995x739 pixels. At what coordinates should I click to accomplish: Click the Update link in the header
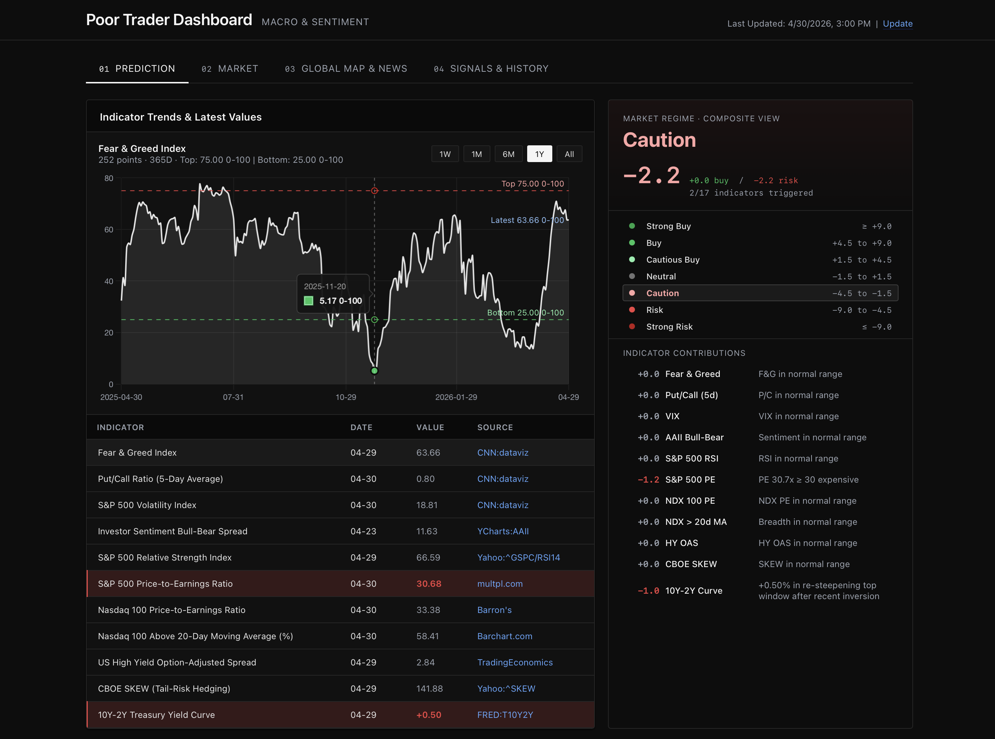point(897,24)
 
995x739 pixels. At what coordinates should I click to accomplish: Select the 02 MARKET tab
point(230,68)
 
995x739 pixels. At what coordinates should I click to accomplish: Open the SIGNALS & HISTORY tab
point(491,68)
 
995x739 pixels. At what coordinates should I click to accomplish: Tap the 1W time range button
point(445,154)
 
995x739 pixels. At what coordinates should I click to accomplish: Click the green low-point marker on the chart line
point(374,370)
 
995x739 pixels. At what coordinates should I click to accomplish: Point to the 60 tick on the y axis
point(108,229)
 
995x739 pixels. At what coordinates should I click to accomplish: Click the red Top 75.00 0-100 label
point(532,184)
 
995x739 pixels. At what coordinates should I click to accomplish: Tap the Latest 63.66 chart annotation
point(527,220)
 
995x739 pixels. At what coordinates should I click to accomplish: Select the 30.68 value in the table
point(429,584)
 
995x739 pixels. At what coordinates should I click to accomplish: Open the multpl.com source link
point(500,584)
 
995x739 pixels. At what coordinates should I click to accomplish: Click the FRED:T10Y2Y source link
point(505,715)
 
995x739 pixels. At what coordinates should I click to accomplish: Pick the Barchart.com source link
point(505,636)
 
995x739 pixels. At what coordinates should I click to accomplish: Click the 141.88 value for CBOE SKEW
point(429,688)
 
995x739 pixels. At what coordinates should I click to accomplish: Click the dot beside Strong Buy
point(632,226)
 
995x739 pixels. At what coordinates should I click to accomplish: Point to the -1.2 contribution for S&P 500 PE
point(648,480)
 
